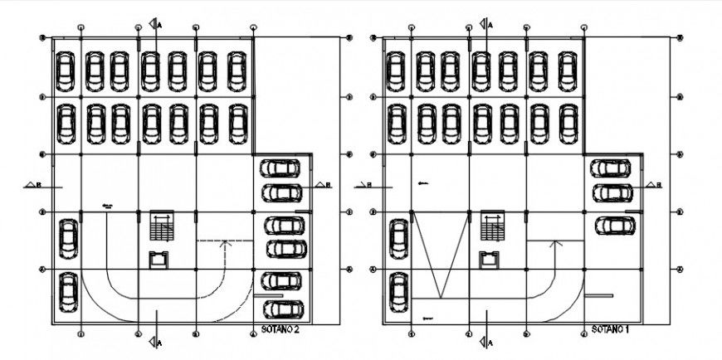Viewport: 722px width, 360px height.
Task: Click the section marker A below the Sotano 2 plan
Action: [x=154, y=342]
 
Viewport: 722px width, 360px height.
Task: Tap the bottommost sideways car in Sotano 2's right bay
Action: [x=282, y=309]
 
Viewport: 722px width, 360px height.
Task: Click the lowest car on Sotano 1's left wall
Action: [x=399, y=291]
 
